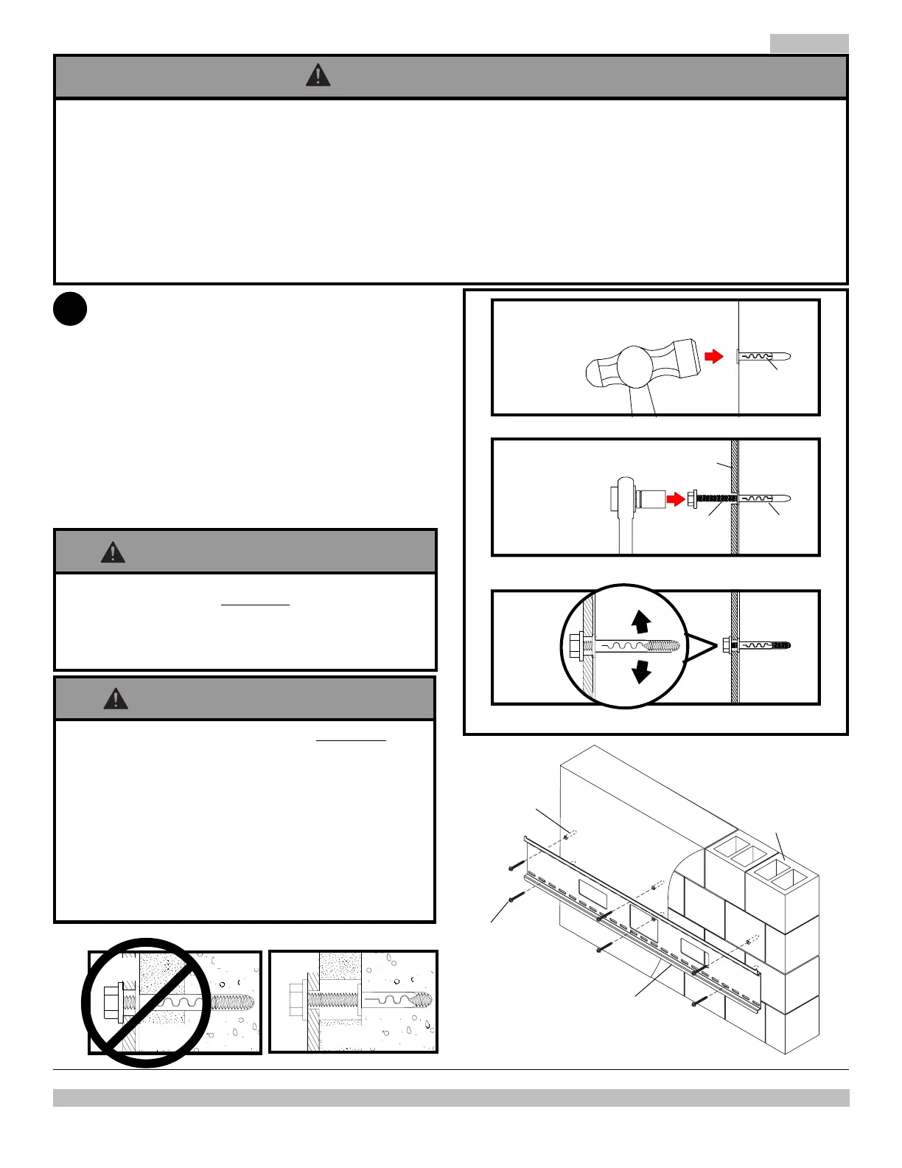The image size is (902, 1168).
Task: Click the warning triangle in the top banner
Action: pos(318,75)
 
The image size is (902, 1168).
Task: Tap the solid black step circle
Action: pos(70,309)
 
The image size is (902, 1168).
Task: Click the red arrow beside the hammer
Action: pos(714,356)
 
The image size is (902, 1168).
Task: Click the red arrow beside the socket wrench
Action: pos(675,499)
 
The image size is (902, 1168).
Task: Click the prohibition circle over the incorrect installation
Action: pos(146,1002)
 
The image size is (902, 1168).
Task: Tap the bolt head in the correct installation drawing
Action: pos(298,1001)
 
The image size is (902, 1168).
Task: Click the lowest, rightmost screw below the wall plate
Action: pos(698,1002)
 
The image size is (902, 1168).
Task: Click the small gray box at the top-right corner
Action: pos(809,44)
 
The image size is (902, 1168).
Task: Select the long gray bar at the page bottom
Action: pos(451,1098)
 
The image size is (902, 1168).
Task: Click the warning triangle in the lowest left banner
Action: pos(116,698)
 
